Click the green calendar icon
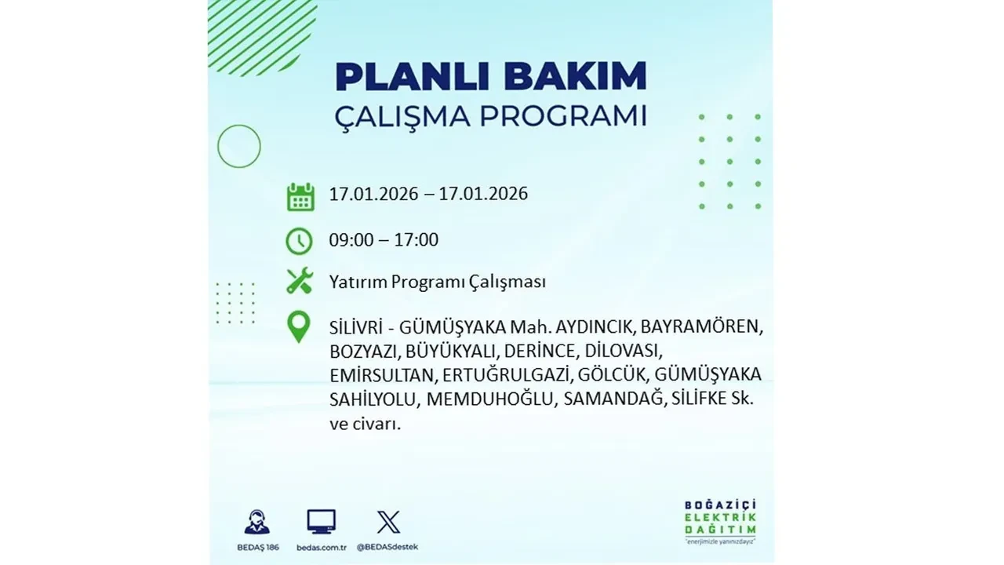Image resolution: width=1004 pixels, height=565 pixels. click(x=300, y=197)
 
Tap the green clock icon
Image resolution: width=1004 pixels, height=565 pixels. click(x=300, y=241)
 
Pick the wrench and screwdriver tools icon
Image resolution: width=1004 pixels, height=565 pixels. click(x=300, y=281)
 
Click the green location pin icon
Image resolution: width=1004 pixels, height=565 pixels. click(x=299, y=326)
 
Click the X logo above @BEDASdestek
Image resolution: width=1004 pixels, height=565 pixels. click(x=387, y=521)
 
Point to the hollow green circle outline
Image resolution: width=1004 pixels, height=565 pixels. click(x=239, y=146)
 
